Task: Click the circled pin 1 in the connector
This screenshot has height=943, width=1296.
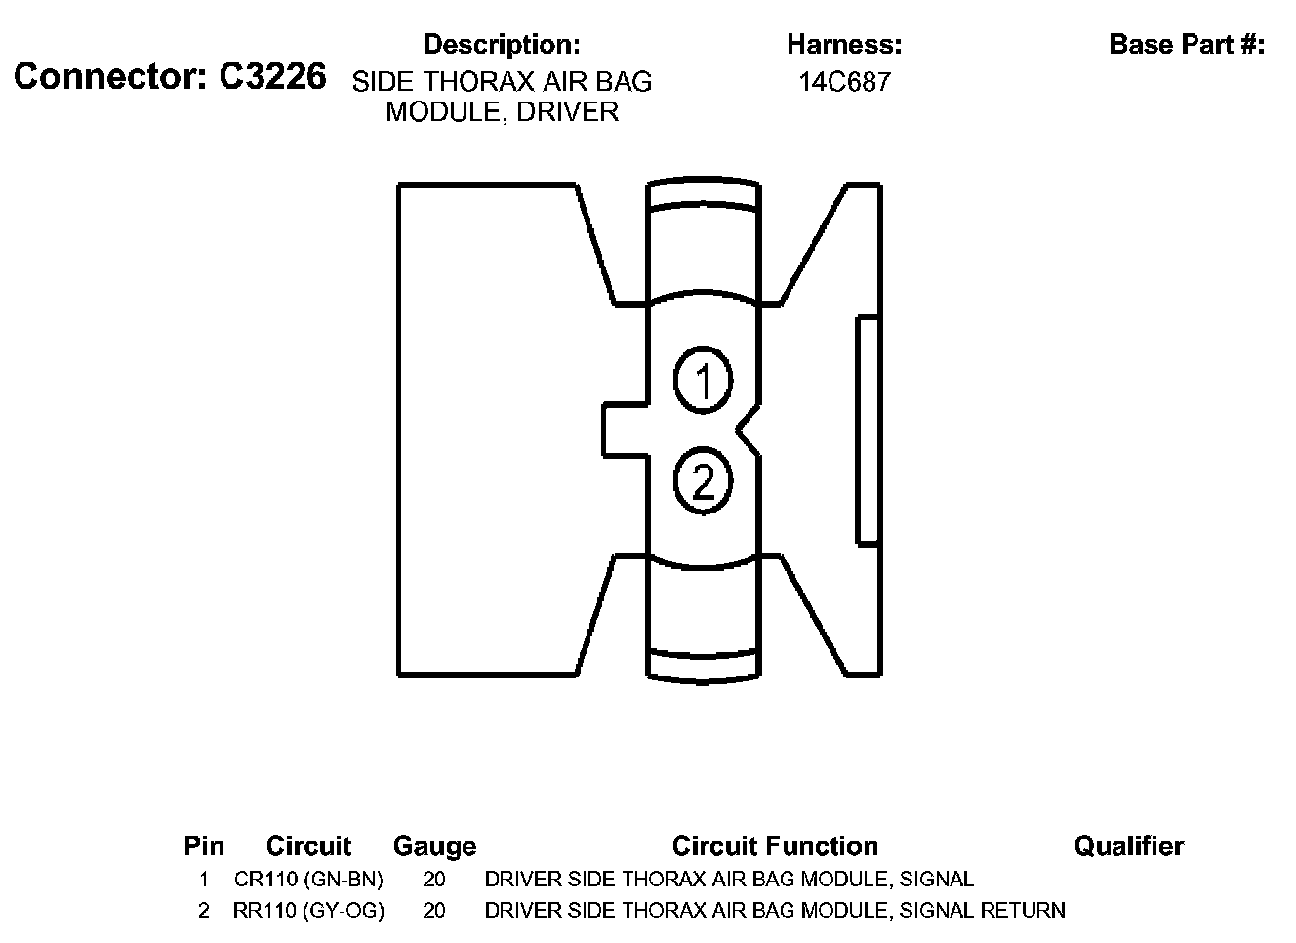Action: (703, 379)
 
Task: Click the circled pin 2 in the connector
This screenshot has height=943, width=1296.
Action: (703, 480)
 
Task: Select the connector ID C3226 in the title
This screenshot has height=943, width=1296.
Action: (272, 76)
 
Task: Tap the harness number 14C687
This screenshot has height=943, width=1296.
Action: (844, 82)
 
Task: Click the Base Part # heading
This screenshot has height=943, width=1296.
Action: (1187, 44)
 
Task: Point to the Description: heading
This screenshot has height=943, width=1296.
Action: (502, 44)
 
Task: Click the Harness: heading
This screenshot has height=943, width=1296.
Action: (844, 44)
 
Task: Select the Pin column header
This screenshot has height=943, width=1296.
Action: (204, 845)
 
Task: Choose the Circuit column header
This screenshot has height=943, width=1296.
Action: (308, 845)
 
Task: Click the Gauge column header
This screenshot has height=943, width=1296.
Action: (434, 845)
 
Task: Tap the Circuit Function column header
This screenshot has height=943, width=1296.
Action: (775, 845)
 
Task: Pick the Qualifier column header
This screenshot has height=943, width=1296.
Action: (1129, 845)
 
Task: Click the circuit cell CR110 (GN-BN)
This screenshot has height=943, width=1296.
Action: (308, 879)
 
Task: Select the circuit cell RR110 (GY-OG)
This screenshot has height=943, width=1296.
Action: (308, 911)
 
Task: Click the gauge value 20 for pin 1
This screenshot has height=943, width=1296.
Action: (434, 879)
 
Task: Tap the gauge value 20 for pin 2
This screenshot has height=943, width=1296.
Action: (434, 911)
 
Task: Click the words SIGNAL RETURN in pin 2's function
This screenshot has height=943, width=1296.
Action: (982, 911)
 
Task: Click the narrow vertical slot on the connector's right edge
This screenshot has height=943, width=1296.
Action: (868, 430)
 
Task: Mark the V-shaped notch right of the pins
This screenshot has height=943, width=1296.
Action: (749, 430)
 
